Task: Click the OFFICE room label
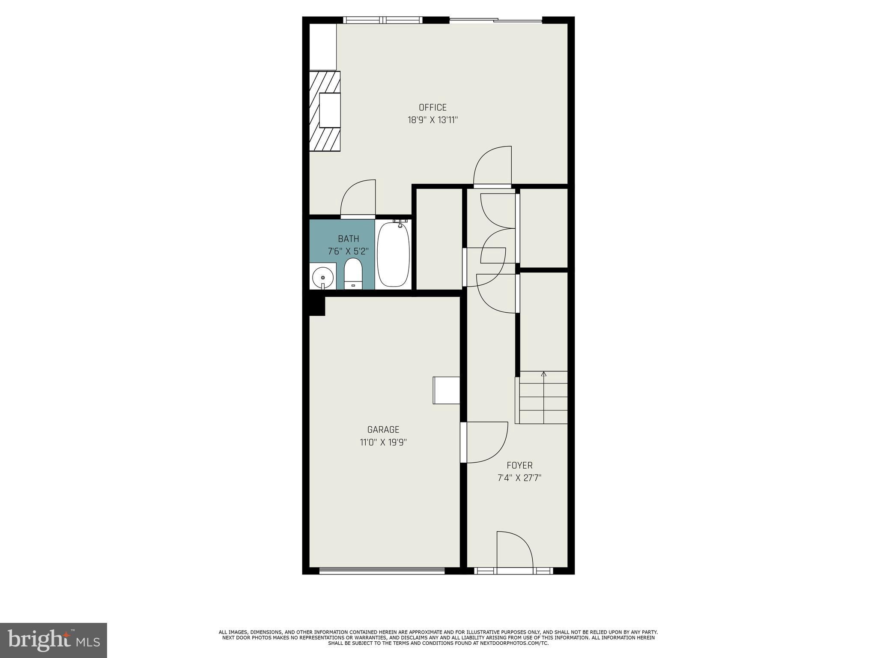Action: pos(433,108)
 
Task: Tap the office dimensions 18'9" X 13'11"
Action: pos(433,120)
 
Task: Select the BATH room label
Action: pos(348,239)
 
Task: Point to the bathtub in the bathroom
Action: pos(393,254)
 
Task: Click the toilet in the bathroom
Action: pos(353,274)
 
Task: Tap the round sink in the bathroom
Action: pos(322,277)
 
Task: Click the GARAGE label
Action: pos(383,430)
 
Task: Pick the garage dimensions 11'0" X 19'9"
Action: pos(383,443)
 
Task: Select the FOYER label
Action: pos(519,465)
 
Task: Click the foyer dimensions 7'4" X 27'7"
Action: pos(519,478)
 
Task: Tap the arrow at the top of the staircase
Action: pos(544,374)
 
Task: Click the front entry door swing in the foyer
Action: pos(514,550)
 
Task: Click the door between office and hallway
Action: pos(492,167)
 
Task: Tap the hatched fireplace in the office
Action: pos(325,111)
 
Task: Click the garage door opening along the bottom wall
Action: pos(382,570)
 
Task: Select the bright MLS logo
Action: pos(54,640)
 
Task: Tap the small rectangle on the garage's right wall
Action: pos(446,390)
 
